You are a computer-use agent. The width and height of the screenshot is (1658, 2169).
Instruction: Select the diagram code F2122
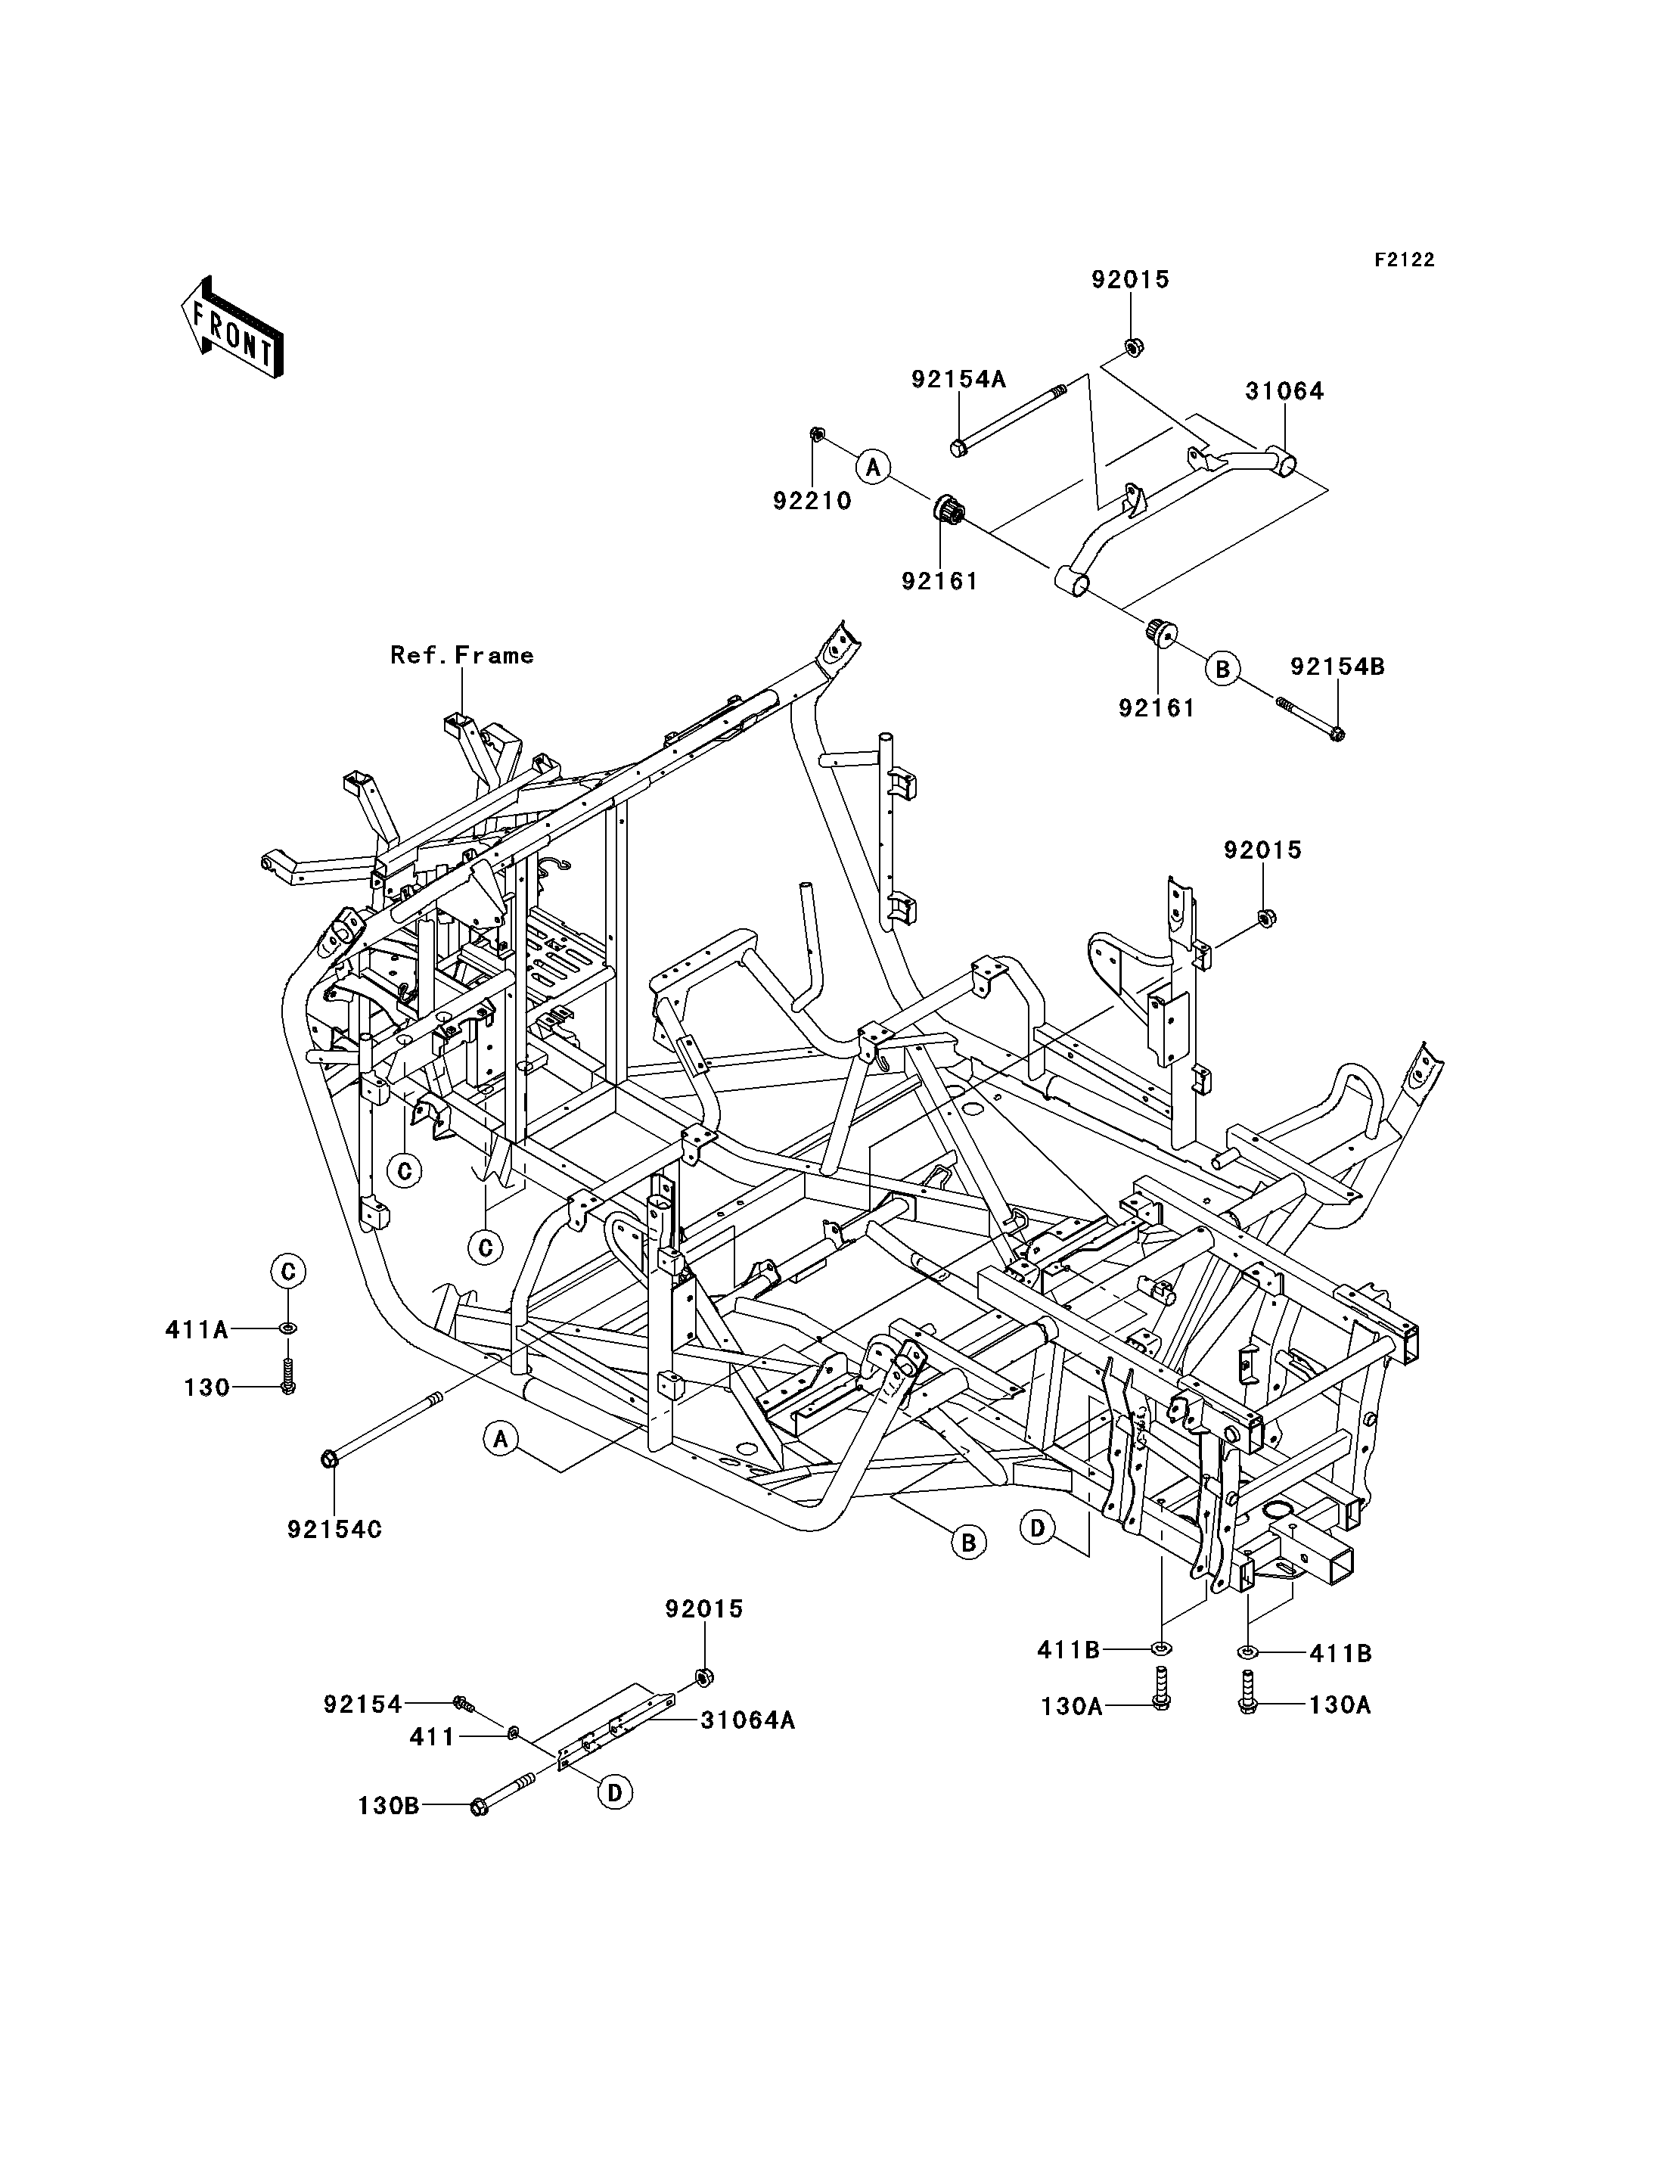1405,259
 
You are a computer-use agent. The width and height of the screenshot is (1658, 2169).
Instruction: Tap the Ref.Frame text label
462,655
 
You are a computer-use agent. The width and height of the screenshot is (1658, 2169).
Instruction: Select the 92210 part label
812,501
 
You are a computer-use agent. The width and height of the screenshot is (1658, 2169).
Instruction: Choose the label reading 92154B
1337,667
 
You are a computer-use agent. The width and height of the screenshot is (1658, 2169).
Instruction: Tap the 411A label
197,1330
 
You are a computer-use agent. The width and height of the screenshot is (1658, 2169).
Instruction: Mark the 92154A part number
958,379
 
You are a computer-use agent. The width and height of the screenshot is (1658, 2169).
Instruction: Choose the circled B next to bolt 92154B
1222,670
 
